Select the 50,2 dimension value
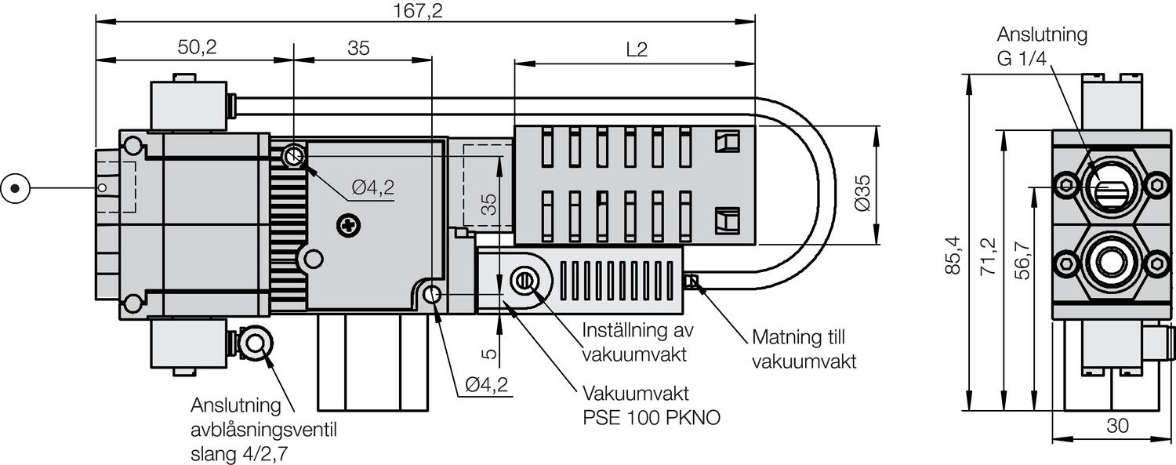197,48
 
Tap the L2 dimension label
637,49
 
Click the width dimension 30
1117,426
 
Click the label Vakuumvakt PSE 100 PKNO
651,405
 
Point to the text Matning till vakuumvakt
804,350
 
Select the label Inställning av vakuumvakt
638,342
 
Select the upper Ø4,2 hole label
372,187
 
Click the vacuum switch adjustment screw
524,280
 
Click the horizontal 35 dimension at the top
358,48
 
